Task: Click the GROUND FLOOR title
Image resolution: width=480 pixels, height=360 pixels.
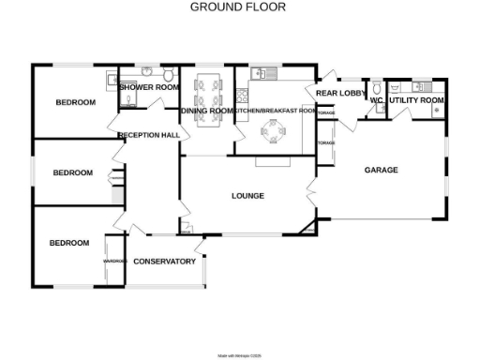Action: click(x=238, y=7)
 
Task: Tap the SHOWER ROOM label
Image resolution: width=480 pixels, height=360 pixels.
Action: click(x=149, y=87)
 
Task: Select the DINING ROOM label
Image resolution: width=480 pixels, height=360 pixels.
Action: click(x=206, y=112)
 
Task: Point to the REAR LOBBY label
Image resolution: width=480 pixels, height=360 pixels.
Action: click(x=340, y=94)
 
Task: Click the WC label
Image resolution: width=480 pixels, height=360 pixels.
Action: click(x=376, y=99)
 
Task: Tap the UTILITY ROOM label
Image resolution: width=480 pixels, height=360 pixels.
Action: click(x=416, y=99)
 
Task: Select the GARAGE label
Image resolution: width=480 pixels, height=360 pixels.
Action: click(x=381, y=170)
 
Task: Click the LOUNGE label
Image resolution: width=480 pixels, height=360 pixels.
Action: click(x=247, y=196)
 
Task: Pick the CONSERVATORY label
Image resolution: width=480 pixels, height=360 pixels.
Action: click(x=164, y=261)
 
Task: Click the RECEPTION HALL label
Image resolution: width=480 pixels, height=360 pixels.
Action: click(x=149, y=135)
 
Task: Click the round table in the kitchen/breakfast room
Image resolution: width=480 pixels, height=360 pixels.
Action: click(x=275, y=138)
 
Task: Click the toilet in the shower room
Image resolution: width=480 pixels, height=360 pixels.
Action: click(x=167, y=75)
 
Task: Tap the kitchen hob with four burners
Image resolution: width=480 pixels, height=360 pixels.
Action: click(x=243, y=95)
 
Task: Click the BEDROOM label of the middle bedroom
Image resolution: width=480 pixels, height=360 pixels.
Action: click(x=72, y=172)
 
